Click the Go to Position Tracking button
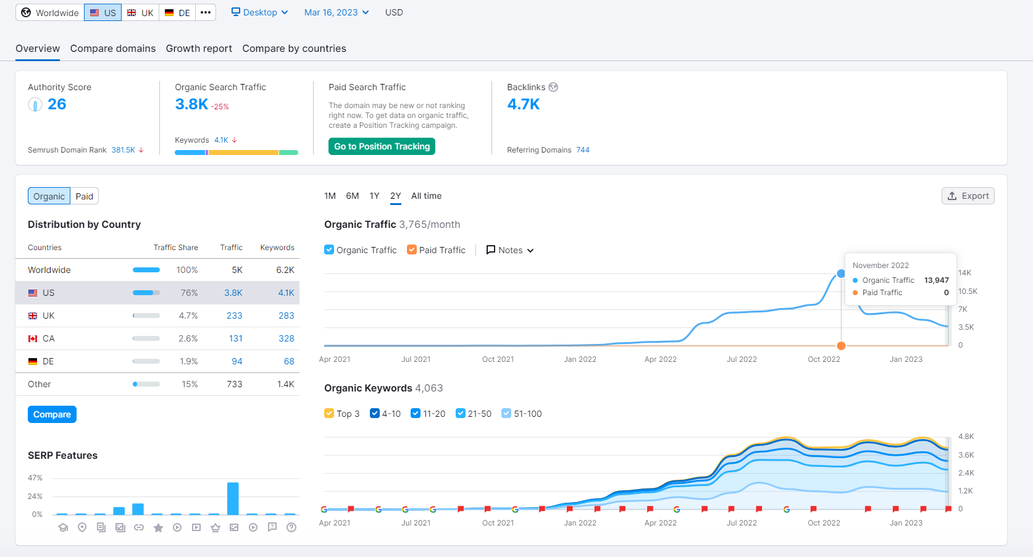[x=382, y=146]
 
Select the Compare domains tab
[x=113, y=48]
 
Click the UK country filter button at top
[x=140, y=12]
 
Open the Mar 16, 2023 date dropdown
[x=336, y=12]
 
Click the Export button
[x=968, y=196]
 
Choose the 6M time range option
[x=353, y=196]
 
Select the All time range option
[x=426, y=196]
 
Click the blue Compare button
[x=52, y=414]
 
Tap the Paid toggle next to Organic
[x=85, y=196]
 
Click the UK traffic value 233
[x=234, y=316]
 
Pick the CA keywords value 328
[x=286, y=338]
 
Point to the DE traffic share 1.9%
[x=188, y=361]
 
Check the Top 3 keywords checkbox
[x=329, y=413]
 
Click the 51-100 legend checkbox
[x=506, y=413]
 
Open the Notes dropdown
[x=510, y=250]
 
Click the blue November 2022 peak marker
[x=841, y=274]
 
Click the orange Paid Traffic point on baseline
[x=841, y=345]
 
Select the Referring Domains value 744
[x=583, y=150]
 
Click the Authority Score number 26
[x=57, y=104]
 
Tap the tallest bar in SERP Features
[x=233, y=498]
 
